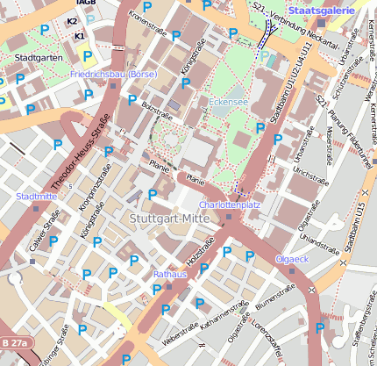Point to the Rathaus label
point(170,275)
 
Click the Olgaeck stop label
point(292,260)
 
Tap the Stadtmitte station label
point(37,197)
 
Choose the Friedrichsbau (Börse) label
point(113,75)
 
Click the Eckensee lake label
point(228,102)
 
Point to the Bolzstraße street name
point(153,111)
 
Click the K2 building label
point(72,20)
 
